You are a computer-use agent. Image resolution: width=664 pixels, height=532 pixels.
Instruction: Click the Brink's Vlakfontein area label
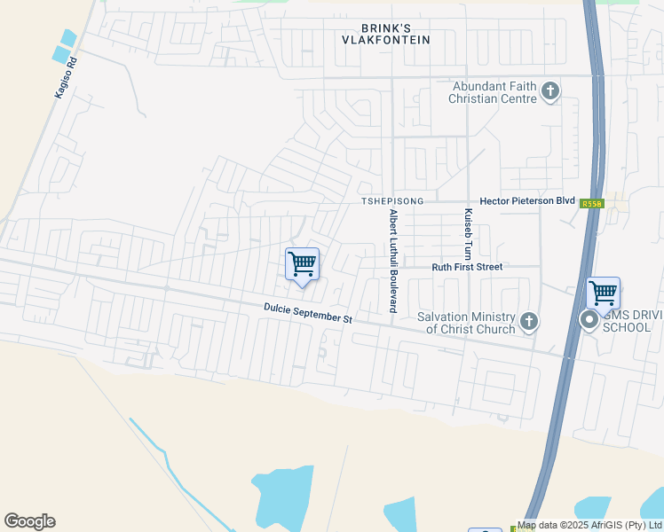point(388,33)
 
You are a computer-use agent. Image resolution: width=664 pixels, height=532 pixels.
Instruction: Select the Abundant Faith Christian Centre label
point(494,92)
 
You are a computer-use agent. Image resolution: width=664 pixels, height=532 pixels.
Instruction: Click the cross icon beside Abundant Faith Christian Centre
point(550,91)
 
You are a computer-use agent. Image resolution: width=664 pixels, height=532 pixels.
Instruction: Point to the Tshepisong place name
point(391,201)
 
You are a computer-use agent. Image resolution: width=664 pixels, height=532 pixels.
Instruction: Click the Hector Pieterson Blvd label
point(527,201)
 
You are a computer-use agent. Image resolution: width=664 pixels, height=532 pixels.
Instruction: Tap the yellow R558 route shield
point(592,204)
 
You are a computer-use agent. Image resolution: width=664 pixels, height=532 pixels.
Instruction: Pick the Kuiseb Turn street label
point(467,235)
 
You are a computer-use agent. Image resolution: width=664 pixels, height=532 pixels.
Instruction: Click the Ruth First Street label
point(467,267)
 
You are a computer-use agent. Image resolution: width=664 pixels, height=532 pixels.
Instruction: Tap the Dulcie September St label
point(308,312)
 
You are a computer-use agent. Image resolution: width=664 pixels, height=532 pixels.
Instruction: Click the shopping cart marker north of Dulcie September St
point(302,264)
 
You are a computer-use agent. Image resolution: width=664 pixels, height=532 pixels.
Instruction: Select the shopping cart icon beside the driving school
point(604,292)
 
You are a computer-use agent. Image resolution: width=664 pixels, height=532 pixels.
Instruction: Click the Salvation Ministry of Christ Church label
point(466,324)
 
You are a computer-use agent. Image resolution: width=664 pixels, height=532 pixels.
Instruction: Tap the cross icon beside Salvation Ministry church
point(529,322)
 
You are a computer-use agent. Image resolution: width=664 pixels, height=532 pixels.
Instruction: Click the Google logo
point(29,520)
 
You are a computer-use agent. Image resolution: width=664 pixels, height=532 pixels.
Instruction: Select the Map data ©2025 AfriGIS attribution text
point(589,525)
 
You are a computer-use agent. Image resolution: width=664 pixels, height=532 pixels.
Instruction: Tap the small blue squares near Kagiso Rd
point(65,46)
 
